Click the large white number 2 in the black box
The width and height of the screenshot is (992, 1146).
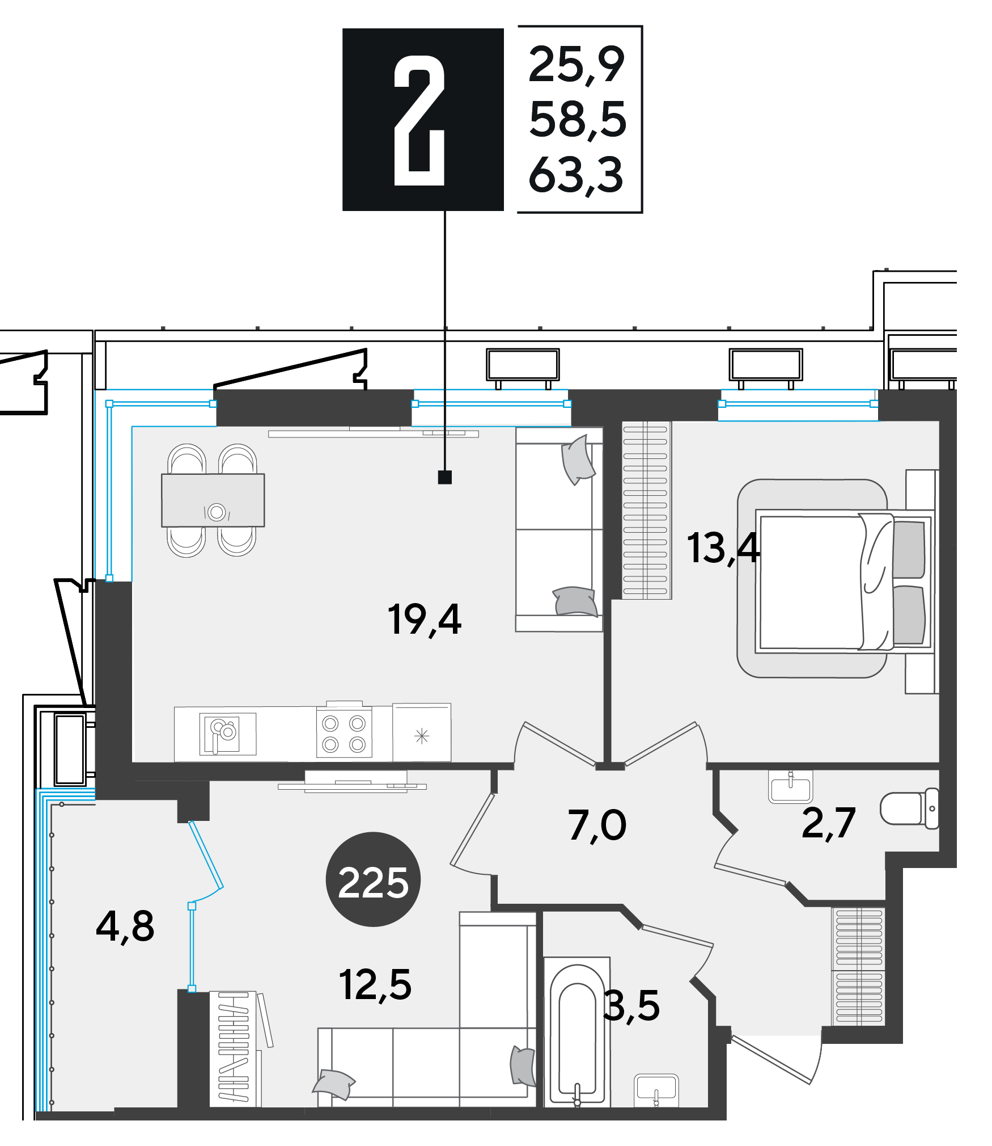(x=419, y=120)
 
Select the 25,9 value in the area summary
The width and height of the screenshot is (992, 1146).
(x=576, y=65)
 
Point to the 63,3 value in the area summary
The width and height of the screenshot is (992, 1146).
(x=576, y=175)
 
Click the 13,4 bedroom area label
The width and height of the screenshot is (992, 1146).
(x=723, y=549)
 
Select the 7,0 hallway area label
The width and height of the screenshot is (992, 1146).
(x=597, y=825)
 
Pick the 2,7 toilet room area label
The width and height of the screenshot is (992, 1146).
(x=828, y=823)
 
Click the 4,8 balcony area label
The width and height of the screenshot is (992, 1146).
(x=125, y=926)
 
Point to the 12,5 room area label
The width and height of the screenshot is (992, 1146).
(x=375, y=985)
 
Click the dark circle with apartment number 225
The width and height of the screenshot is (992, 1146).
(x=373, y=879)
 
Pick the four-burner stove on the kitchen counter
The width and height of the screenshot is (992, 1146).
(x=344, y=733)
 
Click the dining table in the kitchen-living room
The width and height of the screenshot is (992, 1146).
(x=213, y=500)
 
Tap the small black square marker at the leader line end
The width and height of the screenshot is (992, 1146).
(x=445, y=477)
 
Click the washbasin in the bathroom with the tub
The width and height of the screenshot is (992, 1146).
(x=656, y=1090)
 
